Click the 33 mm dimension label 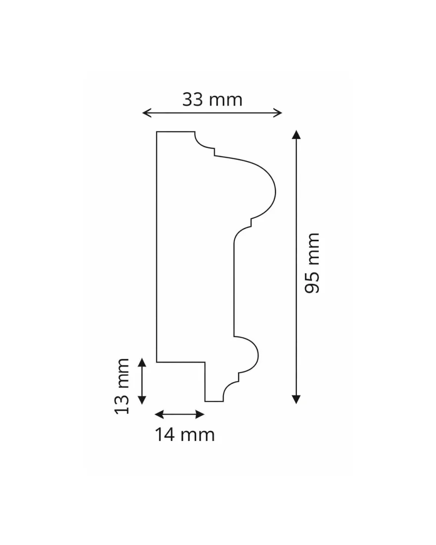coord(212,100)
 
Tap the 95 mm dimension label coord(312,263)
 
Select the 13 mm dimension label coord(122,386)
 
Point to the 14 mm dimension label coord(185,435)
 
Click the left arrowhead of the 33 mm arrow coord(146,112)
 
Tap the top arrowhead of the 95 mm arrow coord(296,134)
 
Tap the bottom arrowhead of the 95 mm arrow coord(296,399)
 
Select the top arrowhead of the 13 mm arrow coord(142,363)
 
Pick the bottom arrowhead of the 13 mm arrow coord(142,400)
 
